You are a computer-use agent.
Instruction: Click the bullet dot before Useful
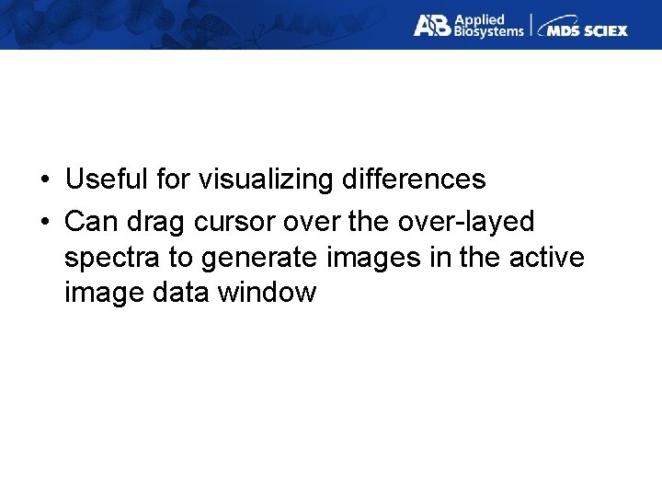pyautogui.click(x=44, y=179)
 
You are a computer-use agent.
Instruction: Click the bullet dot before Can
pyautogui.click(x=44, y=223)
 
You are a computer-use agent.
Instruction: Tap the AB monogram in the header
pyautogui.click(x=431, y=25)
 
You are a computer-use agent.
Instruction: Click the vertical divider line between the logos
pyautogui.click(x=531, y=25)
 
